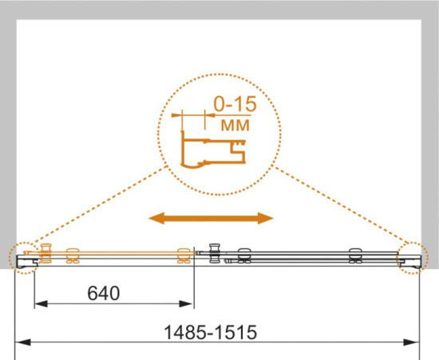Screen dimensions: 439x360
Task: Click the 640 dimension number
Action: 104,293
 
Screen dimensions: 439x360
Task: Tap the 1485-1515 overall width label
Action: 210,332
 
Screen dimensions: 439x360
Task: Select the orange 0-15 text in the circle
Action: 235,104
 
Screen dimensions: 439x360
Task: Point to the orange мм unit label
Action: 235,125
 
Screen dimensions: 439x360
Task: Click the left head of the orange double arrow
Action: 156,219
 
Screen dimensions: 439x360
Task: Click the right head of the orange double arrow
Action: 266,219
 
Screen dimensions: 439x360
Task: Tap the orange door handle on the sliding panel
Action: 46,253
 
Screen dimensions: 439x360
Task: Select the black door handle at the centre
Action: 215,253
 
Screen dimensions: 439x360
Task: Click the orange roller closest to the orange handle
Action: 73,255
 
